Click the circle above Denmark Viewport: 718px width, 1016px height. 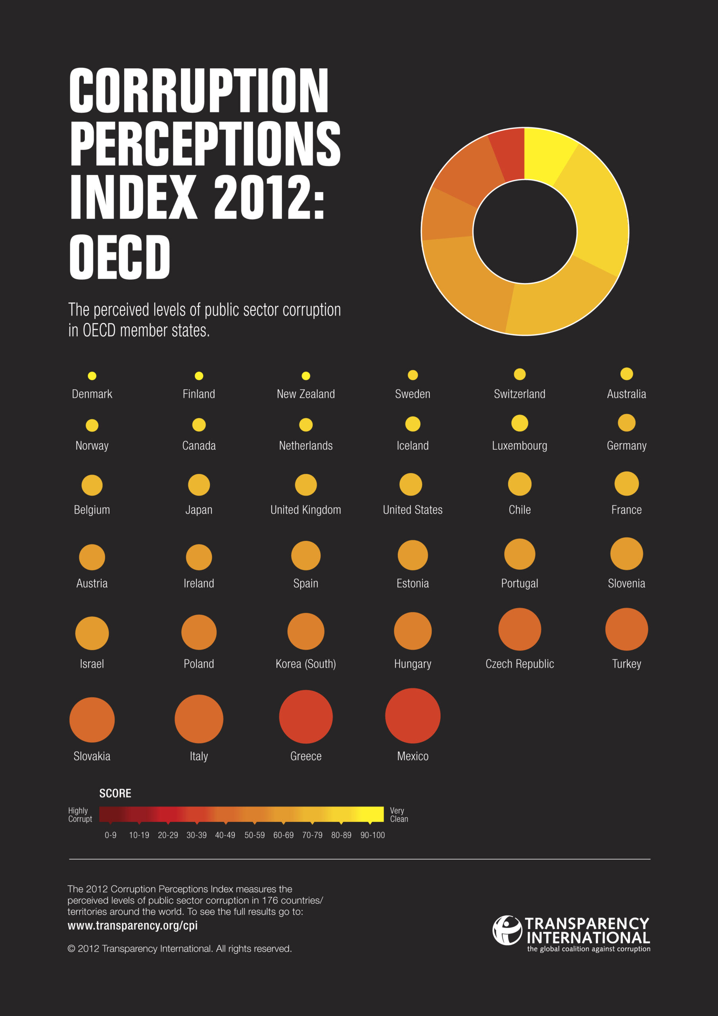(92, 376)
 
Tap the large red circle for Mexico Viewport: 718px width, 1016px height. (412, 716)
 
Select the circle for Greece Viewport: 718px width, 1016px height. (306, 716)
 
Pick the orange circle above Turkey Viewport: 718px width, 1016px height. (626, 629)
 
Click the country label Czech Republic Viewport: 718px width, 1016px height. (519, 664)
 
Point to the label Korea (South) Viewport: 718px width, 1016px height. (306, 664)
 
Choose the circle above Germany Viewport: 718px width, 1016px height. (626, 423)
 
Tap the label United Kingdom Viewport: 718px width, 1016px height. (306, 510)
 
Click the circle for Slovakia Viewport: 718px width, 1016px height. (92, 720)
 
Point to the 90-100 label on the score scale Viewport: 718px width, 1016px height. (372, 835)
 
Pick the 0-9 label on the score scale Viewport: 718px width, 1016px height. (111, 835)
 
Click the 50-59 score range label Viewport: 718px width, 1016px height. (254, 835)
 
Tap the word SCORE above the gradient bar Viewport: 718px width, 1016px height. (115, 793)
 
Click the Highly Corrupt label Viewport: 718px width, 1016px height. (80, 815)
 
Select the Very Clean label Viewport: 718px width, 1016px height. (399, 815)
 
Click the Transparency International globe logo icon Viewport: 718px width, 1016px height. (507, 930)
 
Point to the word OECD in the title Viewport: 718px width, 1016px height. (120, 257)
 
